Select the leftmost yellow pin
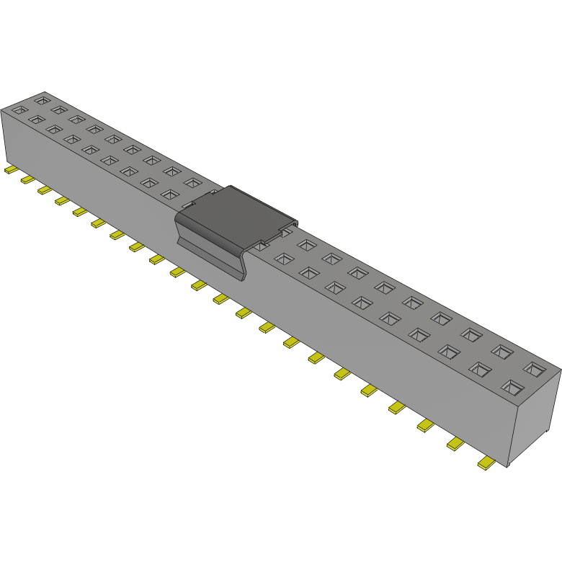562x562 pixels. pyautogui.click(x=11, y=170)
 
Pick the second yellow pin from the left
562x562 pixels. pyautogui.click(x=27, y=179)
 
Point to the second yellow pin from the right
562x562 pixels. pyautogui.click(x=456, y=444)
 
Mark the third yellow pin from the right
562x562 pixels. pyautogui.click(x=426, y=426)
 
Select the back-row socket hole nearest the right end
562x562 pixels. pyautogui.click(x=534, y=369)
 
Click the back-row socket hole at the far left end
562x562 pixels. pyautogui.click(x=43, y=97)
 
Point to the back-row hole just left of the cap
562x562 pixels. pyautogui.click(x=192, y=183)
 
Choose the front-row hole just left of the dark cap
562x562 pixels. pyautogui.click(x=169, y=195)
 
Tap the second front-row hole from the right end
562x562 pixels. pyautogui.click(x=480, y=369)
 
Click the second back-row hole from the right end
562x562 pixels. pyautogui.click(x=502, y=351)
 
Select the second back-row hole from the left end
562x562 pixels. pyautogui.click(x=59, y=109)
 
